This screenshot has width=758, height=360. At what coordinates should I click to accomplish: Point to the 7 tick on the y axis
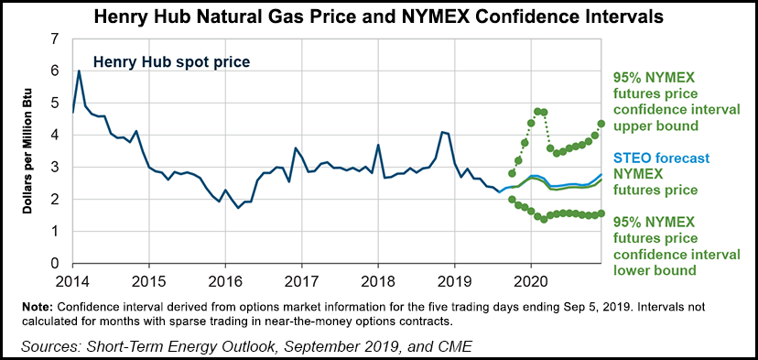tap(55, 38)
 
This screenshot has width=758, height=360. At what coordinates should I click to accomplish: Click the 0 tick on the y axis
tap(55, 263)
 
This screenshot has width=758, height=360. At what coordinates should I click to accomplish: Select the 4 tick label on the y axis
tap(55, 135)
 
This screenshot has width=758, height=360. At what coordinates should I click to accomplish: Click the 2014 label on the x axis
tap(73, 279)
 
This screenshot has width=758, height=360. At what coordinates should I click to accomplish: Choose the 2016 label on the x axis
tap(226, 279)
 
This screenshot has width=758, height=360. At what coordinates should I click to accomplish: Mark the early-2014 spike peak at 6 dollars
tap(79, 71)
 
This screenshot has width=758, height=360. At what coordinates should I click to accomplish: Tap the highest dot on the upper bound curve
tap(537, 111)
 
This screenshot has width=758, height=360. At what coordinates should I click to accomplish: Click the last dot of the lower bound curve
tap(601, 213)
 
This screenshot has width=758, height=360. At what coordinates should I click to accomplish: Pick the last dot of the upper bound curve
tap(601, 124)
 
